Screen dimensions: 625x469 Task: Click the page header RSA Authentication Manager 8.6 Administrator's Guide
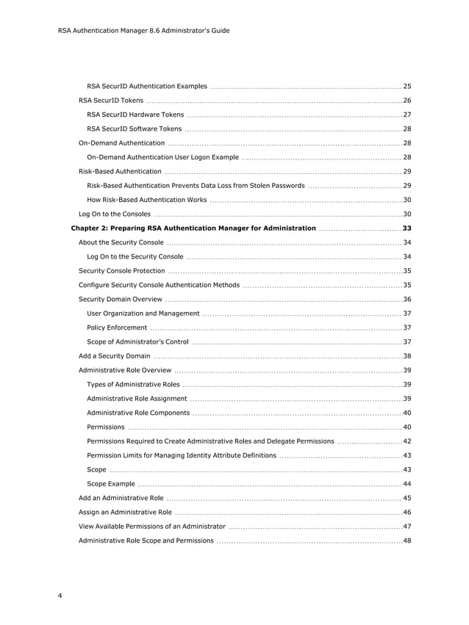(x=143, y=30)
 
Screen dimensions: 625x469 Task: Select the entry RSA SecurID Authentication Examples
(x=146, y=86)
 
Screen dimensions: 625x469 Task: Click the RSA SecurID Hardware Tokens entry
(x=135, y=115)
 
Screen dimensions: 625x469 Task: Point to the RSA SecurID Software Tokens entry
(x=134, y=129)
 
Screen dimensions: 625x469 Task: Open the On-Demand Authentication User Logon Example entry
(x=162, y=157)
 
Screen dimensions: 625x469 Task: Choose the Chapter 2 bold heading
(x=193, y=228)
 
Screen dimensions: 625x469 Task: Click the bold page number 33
(x=407, y=228)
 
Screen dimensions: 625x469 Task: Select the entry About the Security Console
(x=121, y=242)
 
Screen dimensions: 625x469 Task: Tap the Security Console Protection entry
(x=121, y=271)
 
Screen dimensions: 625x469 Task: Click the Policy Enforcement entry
(x=117, y=328)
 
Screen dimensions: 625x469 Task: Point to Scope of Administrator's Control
(x=137, y=342)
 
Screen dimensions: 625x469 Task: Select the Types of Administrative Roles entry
(x=133, y=384)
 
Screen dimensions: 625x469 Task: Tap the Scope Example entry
(x=111, y=484)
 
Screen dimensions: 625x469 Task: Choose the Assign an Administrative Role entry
(x=125, y=512)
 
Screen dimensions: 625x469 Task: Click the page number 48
(x=407, y=541)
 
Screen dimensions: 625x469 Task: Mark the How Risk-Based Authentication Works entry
(x=146, y=200)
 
